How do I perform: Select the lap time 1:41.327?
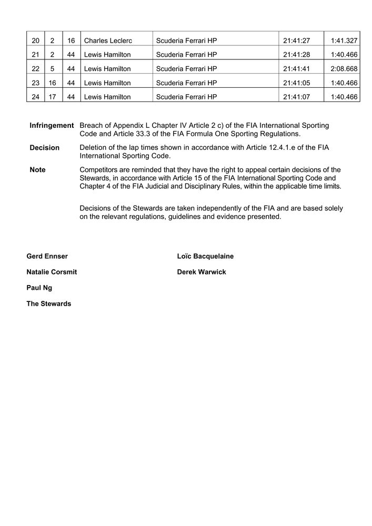[x=344, y=41]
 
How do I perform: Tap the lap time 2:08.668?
[x=344, y=69]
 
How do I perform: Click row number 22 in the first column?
[x=35, y=69]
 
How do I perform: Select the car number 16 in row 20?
[x=71, y=41]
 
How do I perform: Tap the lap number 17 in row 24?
[x=53, y=97]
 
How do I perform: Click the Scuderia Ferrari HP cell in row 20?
[x=186, y=41]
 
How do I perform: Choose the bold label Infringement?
[x=52, y=126]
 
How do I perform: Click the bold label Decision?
[x=44, y=148]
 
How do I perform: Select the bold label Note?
[x=37, y=170]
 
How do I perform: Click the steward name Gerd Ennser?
[x=47, y=256]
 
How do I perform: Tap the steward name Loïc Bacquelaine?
[x=205, y=256]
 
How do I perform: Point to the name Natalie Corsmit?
[x=52, y=272]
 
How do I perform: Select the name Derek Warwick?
[x=202, y=272]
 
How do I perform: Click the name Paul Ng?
[x=39, y=288]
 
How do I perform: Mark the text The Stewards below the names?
[x=48, y=304]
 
